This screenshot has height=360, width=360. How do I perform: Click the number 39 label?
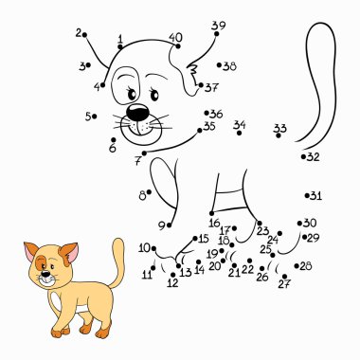(219, 26)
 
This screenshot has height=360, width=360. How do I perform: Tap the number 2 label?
(79, 33)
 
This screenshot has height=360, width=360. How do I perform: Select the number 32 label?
(313, 157)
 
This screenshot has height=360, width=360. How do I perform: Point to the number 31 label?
(315, 196)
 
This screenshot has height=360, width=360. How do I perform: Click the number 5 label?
(88, 117)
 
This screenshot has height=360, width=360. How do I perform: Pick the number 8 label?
(143, 195)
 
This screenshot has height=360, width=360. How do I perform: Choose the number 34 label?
(240, 125)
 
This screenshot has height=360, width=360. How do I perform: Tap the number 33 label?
(279, 128)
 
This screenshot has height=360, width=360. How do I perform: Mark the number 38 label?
(228, 66)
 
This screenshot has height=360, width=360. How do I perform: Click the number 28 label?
(305, 266)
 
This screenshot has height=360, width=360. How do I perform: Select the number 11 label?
(147, 275)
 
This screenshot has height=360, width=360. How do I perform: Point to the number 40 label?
(175, 38)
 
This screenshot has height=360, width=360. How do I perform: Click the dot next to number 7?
(144, 153)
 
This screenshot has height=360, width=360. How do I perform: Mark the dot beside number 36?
(207, 114)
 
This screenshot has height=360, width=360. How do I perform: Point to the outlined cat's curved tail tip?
(322, 28)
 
